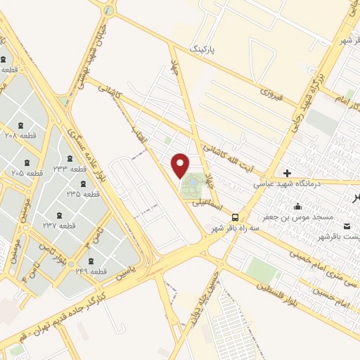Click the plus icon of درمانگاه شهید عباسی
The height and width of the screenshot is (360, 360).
point(287,172)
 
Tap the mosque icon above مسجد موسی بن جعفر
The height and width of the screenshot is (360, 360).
point(298,207)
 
